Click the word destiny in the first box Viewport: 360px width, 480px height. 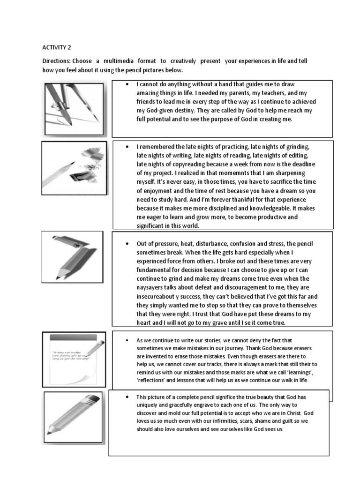[x=183, y=111]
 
